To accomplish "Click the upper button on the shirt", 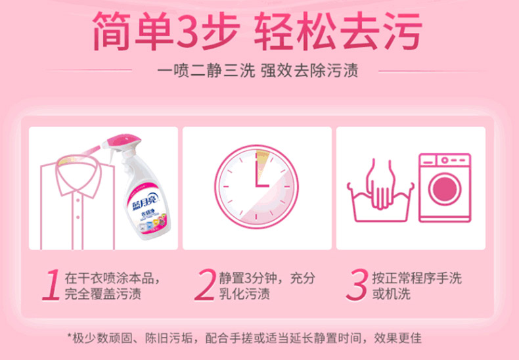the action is click(78, 200).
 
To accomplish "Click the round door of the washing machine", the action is click(445, 189).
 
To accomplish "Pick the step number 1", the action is click(52, 285).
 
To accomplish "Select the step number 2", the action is click(205, 285).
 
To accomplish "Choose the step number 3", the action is click(357, 285).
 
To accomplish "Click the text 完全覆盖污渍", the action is click(103, 294).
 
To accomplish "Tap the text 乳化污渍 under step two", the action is click(244, 294).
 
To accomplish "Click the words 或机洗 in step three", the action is click(392, 294).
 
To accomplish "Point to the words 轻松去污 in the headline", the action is click(338, 32).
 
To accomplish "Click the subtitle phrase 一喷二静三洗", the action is click(206, 71).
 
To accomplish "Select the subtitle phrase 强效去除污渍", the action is click(310, 71).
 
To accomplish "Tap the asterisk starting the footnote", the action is click(70, 336).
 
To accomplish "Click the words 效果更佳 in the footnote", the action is click(398, 338).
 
